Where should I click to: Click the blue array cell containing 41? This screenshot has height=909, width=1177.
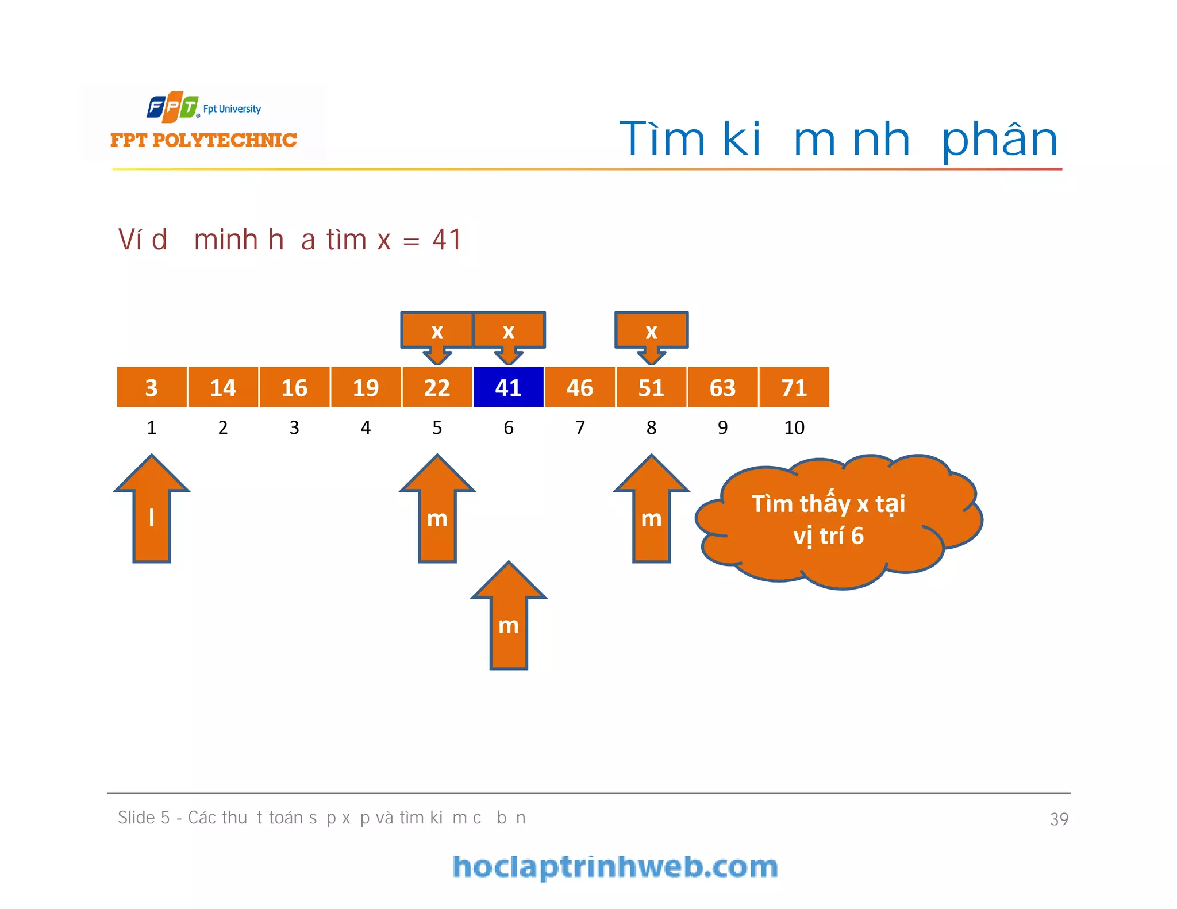point(509,387)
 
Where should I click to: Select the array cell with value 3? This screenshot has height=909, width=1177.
point(152,387)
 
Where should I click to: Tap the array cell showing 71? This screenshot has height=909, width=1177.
point(794,387)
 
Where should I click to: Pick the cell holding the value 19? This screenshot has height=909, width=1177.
point(366,387)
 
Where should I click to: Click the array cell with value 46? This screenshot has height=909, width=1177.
point(580,387)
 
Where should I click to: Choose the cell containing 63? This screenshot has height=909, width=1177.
point(722,387)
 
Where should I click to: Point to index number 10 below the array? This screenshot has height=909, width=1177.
point(794,427)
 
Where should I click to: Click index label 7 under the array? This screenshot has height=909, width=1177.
point(580,427)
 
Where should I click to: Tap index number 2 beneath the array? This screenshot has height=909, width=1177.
point(223,427)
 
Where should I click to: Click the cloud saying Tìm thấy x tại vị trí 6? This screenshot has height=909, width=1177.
point(833,520)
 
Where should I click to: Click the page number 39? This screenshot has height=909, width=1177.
point(1059,819)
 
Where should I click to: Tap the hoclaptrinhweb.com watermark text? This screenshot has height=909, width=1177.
point(615,867)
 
